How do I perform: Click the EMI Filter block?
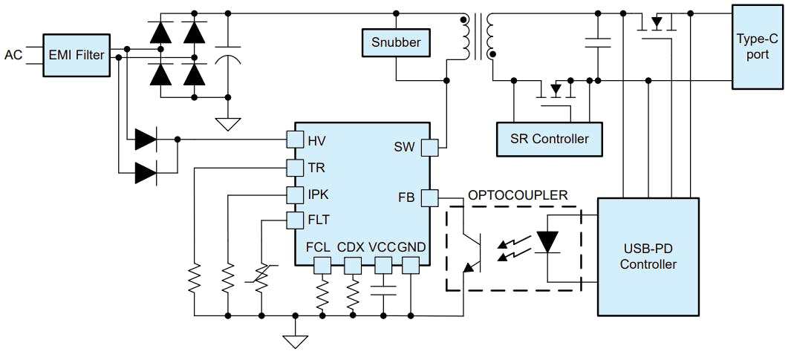pyautogui.click(x=76, y=54)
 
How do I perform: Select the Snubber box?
pyautogui.click(x=396, y=42)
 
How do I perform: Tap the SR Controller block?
pyautogui.click(x=549, y=139)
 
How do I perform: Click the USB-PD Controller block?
pyautogui.click(x=648, y=256)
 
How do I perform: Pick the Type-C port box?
pyautogui.click(x=758, y=47)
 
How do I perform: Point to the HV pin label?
pyautogui.click(x=316, y=141)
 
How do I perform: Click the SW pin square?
pyautogui.click(x=430, y=147)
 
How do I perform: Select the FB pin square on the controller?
pyautogui.click(x=430, y=197)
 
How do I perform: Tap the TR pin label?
pyautogui.click(x=316, y=168)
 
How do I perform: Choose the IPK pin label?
pyautogui.click(x=318, y=194)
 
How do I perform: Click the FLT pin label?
pyautogui.click(x=319, y=220)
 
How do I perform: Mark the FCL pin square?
pyautogui.click(x=322, y=265)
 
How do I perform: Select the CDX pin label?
pyautogui.click(x=351, y=246)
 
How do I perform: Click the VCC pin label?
pyautogui.click(x=382, y=246)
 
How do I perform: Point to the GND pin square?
pyautogui.click(x=410, y=265)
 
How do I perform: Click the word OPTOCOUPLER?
pyautogui.click(x=518, y=195)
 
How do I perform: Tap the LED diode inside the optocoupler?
pyautogui.click(x=547, y=243)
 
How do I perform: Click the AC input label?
pyautogui.click(x=13, y=55)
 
